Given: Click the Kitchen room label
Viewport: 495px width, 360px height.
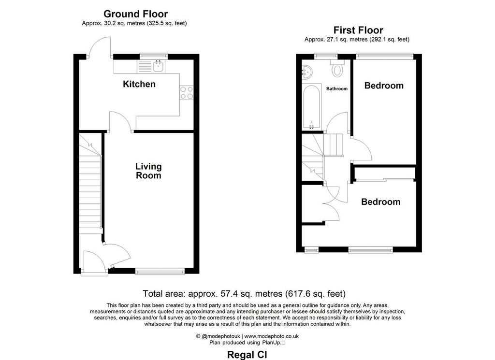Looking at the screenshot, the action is point(139,84).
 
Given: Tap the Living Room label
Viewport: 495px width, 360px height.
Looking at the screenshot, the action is point(148,171).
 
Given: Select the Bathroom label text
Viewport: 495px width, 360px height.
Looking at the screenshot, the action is point(337,88).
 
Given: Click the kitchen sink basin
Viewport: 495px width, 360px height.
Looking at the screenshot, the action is point(158,66).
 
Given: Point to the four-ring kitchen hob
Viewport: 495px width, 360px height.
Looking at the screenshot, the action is point(186,92).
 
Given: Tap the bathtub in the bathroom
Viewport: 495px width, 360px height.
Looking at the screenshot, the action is point(312,107).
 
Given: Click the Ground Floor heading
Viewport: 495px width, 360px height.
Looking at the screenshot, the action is point(135,14).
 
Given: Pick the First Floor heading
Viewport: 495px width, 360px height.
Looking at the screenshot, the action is point(358,30).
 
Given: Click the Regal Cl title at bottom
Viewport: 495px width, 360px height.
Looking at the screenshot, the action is point(247,355).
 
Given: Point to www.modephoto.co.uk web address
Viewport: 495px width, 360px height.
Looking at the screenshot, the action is point(271,336).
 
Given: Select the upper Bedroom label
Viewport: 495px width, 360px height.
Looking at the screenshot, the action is point(384,86).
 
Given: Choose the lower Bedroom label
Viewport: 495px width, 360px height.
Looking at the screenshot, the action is point(381,202).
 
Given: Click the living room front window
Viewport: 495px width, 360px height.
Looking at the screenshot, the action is point(160,271).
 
